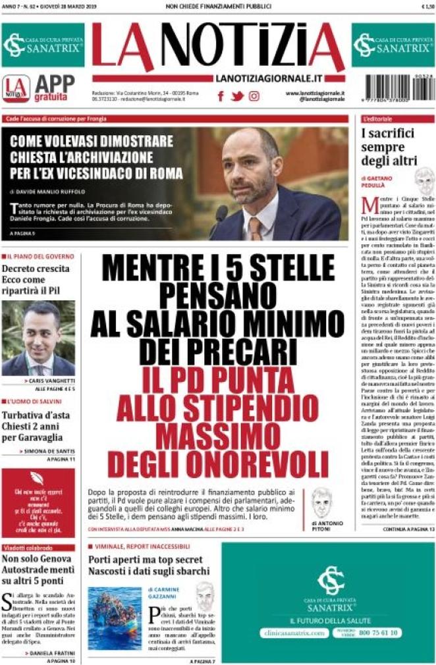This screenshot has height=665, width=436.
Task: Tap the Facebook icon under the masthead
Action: tap(221, 96)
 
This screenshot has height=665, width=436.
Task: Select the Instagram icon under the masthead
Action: tap(254, 96)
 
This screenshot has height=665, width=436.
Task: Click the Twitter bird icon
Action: tap(237, 96)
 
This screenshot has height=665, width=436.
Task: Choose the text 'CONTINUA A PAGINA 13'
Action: tap(408, 547)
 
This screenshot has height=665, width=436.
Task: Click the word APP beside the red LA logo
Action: tap(54, 83)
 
